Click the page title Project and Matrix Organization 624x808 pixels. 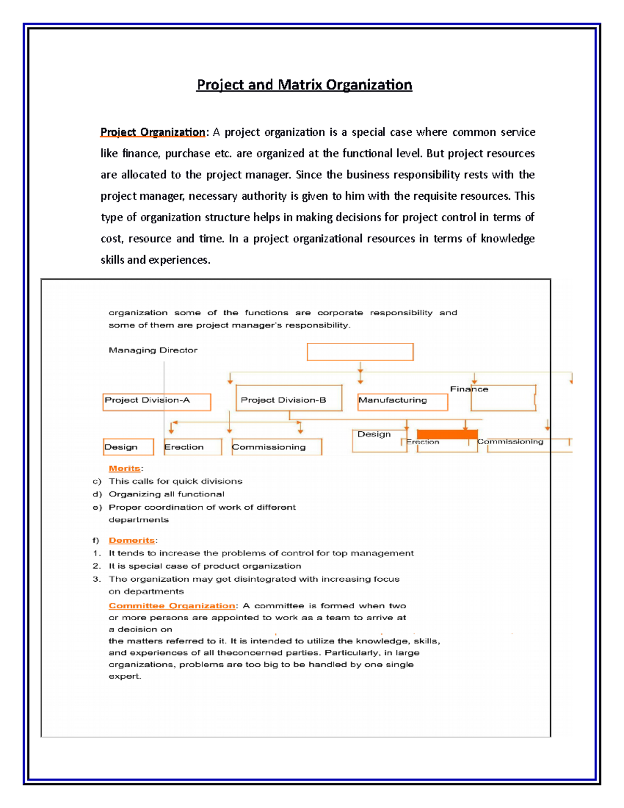(304, 85)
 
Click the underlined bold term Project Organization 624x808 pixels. (153, 132)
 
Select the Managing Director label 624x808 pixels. (153, 350)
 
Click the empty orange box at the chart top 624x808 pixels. (360, 352)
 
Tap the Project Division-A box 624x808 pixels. (157, 402)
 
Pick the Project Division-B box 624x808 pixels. (289, 399)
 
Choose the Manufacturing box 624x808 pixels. (402, 402)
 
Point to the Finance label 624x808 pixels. (469, 389)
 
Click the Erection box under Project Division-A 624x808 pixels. (192, 447)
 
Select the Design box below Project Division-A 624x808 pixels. (128, 447)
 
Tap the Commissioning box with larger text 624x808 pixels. (276, 447)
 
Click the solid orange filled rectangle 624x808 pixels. (447, 434)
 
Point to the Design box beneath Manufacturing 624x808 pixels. (379, 440)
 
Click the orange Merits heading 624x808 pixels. (124, 468)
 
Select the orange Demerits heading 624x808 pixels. (132, 541)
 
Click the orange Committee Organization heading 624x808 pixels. (172, 606)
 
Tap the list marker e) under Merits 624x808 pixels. (97, 507)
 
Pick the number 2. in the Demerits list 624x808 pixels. (97, 566)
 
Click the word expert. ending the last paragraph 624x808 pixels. (125, 676)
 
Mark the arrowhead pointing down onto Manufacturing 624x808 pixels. (360, 382)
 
